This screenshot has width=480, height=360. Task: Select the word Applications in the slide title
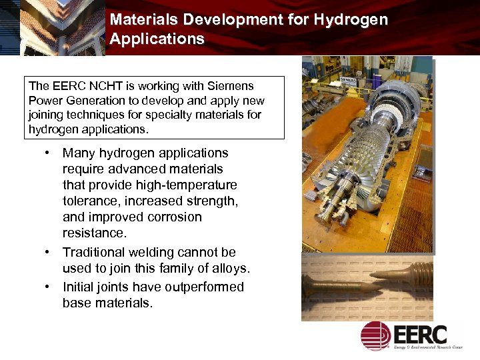point(157,39)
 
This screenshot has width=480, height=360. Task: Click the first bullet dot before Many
point(49,153)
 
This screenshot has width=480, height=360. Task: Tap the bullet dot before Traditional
point(49,252)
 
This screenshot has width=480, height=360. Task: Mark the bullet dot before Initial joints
point(49,287)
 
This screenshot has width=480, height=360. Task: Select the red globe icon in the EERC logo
point(376,335)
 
